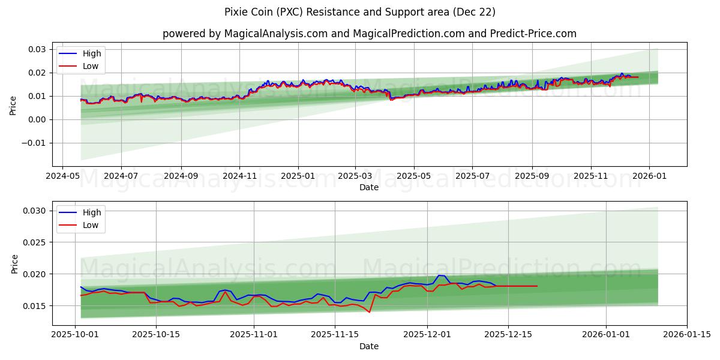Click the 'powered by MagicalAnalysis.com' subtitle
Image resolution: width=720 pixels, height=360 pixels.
(x=368, y=34)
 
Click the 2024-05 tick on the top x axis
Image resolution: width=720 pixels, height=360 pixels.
(x=62, y=176)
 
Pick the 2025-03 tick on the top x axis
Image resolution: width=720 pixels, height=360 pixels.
(x=355, y=176)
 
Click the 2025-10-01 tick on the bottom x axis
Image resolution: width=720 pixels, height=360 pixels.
(x=75, y=335)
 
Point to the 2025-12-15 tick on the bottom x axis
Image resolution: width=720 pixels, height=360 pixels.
(x=508, y=335)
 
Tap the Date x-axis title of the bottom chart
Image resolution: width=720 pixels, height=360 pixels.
(x=368, y=346)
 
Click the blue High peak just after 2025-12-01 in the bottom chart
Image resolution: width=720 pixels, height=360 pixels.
(x=440, y=275)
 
